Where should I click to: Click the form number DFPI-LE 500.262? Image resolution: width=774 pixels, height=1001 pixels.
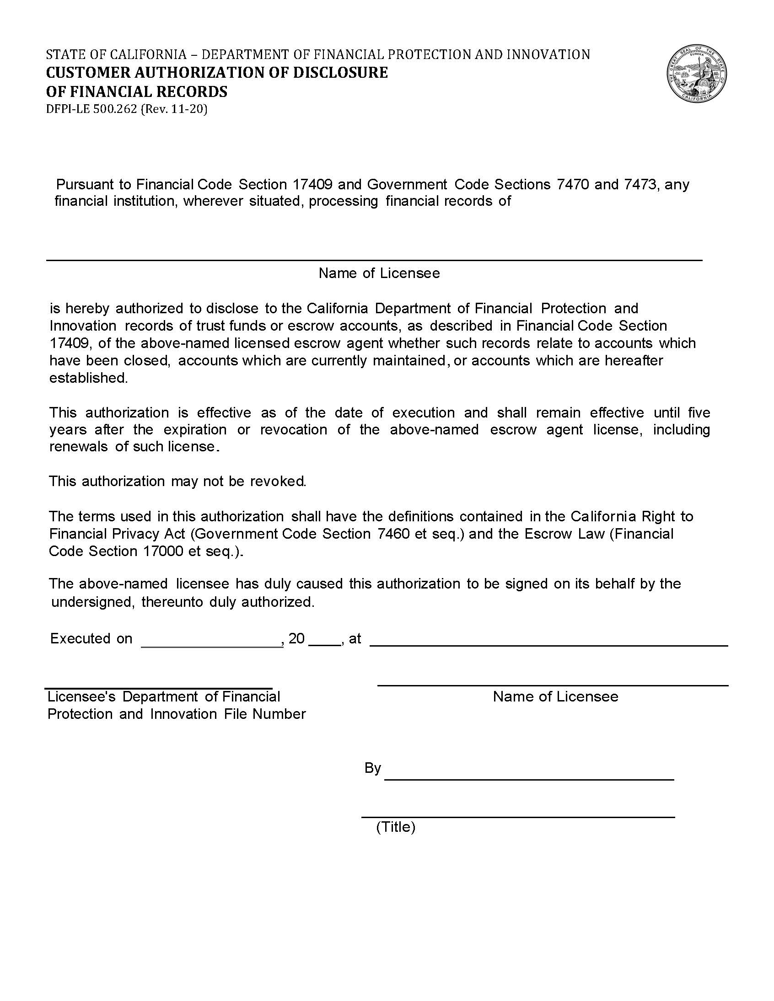(x=91, y=110)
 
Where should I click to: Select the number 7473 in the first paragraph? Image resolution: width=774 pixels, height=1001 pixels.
(x=640, y=184)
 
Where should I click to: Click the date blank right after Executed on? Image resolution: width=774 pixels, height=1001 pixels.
(x=212, y=645)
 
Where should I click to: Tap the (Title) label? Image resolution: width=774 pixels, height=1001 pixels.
(x=395, y=827)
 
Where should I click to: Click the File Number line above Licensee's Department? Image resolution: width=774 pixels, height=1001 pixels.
(x=158, y=687)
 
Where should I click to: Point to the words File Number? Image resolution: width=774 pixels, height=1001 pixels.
(x=264, y=715)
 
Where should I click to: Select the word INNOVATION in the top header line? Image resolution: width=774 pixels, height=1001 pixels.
(x=548, y=55)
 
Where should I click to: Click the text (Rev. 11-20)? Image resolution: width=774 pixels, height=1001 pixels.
(x=174, y=110)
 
